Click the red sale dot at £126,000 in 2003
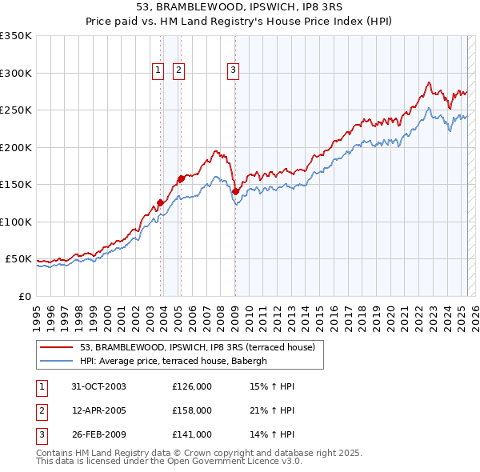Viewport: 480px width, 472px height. tap(161, 202)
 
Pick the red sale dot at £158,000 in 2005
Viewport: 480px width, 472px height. tap(181, 178)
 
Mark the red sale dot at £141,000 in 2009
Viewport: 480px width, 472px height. tap(235, 191)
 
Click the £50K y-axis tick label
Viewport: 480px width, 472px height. tap(18, 259)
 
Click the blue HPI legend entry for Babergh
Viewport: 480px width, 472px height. tap(178, 361)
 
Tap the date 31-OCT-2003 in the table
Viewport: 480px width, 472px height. tap(98, 386)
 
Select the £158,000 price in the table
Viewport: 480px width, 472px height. tap(192, 410)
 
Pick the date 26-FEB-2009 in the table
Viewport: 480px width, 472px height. tap(98, 434)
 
